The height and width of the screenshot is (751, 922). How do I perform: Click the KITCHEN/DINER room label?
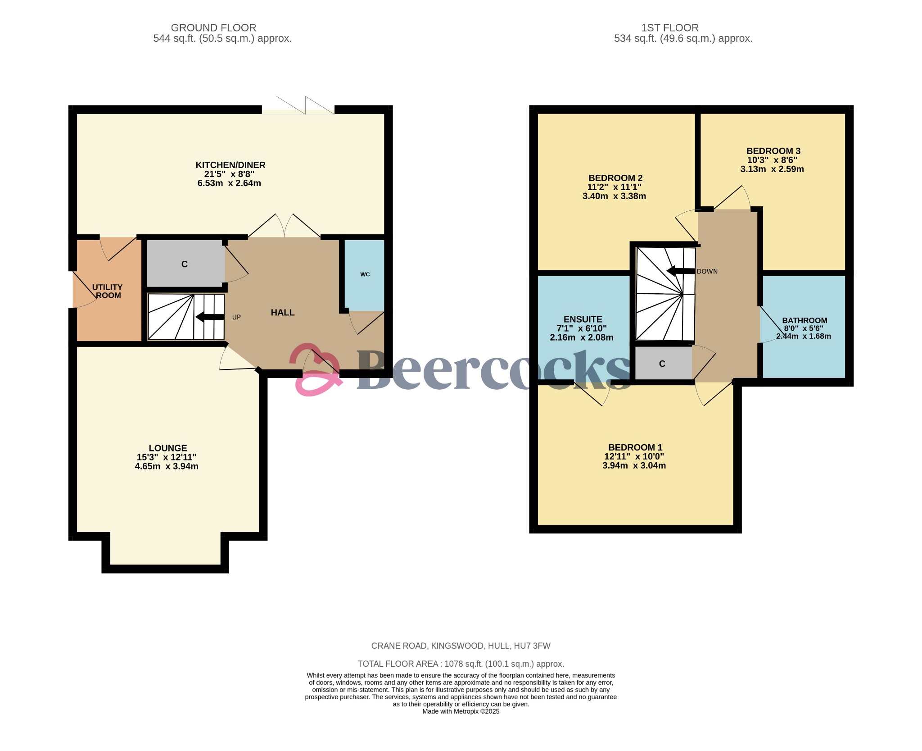(230, 165)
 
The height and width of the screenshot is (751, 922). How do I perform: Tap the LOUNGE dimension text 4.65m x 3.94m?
(167, 466)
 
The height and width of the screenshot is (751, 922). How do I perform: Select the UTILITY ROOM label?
(107, 291)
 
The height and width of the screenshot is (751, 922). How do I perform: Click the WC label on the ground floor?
(365, 274)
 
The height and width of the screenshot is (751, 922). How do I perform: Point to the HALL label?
(282, 312)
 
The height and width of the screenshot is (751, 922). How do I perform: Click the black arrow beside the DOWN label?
(680, 271)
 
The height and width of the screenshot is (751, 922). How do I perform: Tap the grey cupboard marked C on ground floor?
(185, 264)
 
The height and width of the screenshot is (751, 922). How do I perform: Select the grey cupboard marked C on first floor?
(662, 364)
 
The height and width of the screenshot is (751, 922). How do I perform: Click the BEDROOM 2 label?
(615, 178)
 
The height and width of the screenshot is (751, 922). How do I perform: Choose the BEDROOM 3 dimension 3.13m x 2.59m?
(772, 169)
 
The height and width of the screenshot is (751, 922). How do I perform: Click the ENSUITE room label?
(583, 319)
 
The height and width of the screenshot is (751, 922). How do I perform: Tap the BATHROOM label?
(804, 320)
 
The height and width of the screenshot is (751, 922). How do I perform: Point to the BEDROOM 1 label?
(635, 447)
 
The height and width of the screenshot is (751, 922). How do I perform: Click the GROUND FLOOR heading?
(213, 28)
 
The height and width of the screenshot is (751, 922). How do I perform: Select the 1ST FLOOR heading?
(669, 28)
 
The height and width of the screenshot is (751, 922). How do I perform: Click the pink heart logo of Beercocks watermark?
(315, 369)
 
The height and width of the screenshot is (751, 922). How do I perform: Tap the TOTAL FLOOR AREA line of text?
(461, 664)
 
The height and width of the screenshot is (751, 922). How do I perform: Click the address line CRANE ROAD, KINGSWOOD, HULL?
(461, 646)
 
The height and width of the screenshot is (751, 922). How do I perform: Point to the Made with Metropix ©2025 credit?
(461, 711)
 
